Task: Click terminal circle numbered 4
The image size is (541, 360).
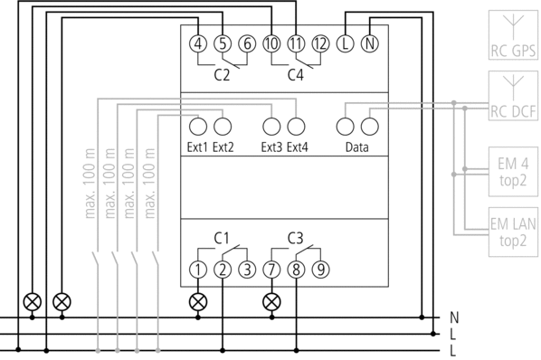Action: click(198, 43)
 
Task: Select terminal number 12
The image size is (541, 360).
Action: click(321, 43)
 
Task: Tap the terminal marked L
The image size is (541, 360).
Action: click(346, 43)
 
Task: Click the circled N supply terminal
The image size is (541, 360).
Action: click(370, 43)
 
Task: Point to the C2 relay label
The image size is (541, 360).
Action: click(222, 75)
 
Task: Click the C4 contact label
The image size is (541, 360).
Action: click(296, 75)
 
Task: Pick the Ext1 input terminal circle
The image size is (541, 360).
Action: click(198, 127)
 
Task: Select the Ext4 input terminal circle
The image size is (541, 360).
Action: click(296, 127)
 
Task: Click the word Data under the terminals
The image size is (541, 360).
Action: click(357, 147)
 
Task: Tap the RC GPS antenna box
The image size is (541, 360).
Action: click(513, 35)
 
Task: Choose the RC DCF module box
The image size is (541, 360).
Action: click(513, 96)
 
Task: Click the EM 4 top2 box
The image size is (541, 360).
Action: click(513, 172)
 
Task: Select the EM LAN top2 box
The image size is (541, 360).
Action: click(513, 232)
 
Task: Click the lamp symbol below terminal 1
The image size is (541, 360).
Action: click(198, 302)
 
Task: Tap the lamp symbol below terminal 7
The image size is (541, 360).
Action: click(272, 302)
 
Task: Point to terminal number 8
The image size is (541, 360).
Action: click(296, 270)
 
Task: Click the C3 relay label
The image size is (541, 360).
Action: click(296, 238)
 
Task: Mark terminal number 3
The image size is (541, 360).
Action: click(247, 270)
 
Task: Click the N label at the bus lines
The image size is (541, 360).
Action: click(454, 317)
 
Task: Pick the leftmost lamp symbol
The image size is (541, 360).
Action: click(32, 302)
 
